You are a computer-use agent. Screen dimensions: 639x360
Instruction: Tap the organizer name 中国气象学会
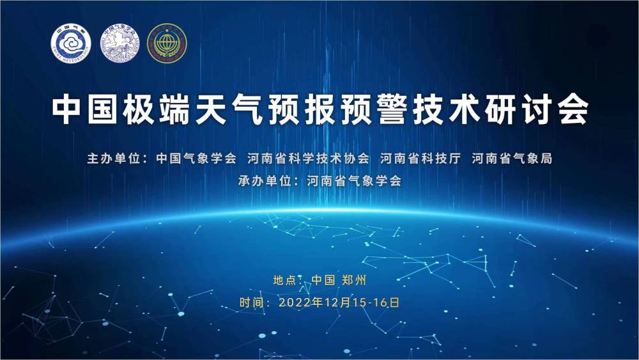[x=196, y=158]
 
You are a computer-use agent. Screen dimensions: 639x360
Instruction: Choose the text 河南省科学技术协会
[x=308, y=158]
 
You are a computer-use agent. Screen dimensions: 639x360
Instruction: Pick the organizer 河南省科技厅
[x=420, y=158]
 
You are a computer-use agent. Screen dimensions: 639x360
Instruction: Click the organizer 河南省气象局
[x=512, y=158]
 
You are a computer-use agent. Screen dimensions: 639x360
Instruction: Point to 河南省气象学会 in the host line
[x=354, y=180]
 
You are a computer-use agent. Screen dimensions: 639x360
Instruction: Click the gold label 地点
[x=284, y=280]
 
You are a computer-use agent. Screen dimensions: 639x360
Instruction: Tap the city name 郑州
[x=354, y=280]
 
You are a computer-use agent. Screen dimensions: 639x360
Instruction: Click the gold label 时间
[x=250, y=302]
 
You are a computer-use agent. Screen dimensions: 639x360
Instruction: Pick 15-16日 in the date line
[x=376, y=302]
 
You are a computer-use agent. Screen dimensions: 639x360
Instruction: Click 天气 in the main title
[x=228, y=109]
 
